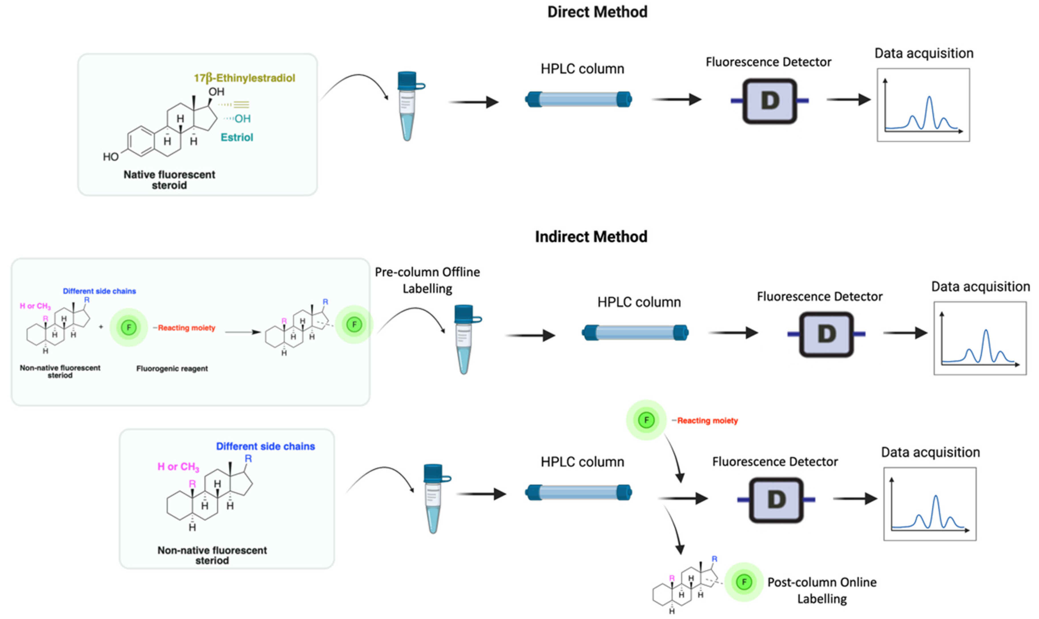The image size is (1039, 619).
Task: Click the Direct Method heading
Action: pyautogui.click(x=597, y=12)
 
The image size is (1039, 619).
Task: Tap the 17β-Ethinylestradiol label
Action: pyautogui.click(x=244, y=78)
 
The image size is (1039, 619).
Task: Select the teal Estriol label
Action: pyautogui.click(x=237, y=137)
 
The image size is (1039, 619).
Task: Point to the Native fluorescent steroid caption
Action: pyautogui.click(x=169, y=180)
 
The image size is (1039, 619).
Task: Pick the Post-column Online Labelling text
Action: pyautogui.click(x=822, y=590)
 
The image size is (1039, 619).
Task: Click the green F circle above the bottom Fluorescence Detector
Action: pyautogui.click(x=646, y=420)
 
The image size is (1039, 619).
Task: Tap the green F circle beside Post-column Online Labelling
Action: pyautogui.click(x=744, y=582)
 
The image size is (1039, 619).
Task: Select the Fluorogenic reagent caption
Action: pyautogui.click(x=172, y=369)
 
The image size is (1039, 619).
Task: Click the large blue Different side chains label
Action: pyautogui.click(x=265, y=446)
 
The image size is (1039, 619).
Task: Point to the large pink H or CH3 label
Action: pyautogui.click(x=178, y=467)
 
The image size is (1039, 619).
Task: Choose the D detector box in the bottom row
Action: pyautogui.click(x=776, y=500)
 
